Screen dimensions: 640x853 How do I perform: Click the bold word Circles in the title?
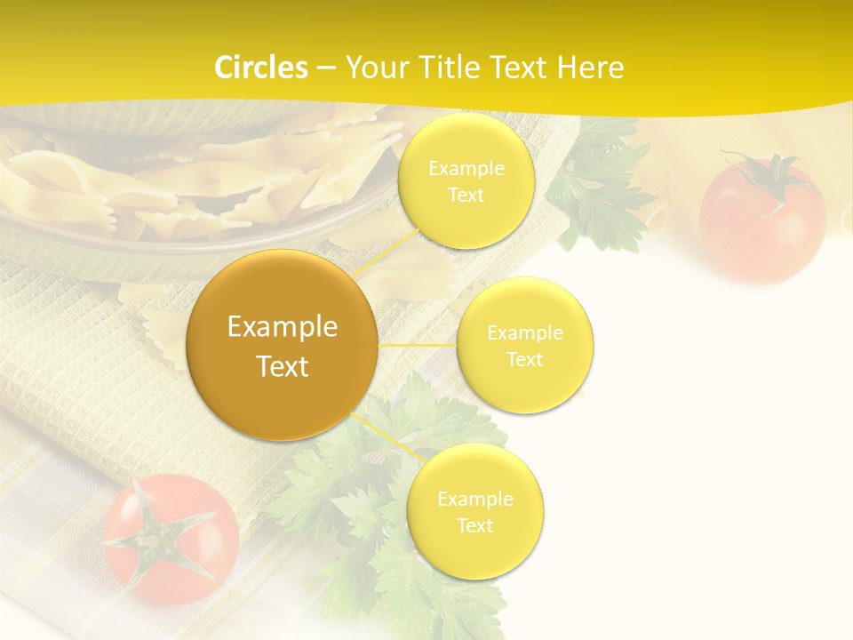260,68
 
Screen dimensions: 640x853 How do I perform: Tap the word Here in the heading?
591,68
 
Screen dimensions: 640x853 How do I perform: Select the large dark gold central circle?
283,345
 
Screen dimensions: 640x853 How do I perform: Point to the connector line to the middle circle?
418,344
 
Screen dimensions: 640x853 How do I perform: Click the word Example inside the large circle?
283,327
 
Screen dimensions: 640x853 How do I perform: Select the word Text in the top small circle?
466,196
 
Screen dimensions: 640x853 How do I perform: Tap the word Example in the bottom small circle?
475,499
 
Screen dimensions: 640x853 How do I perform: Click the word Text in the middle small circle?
525,360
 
